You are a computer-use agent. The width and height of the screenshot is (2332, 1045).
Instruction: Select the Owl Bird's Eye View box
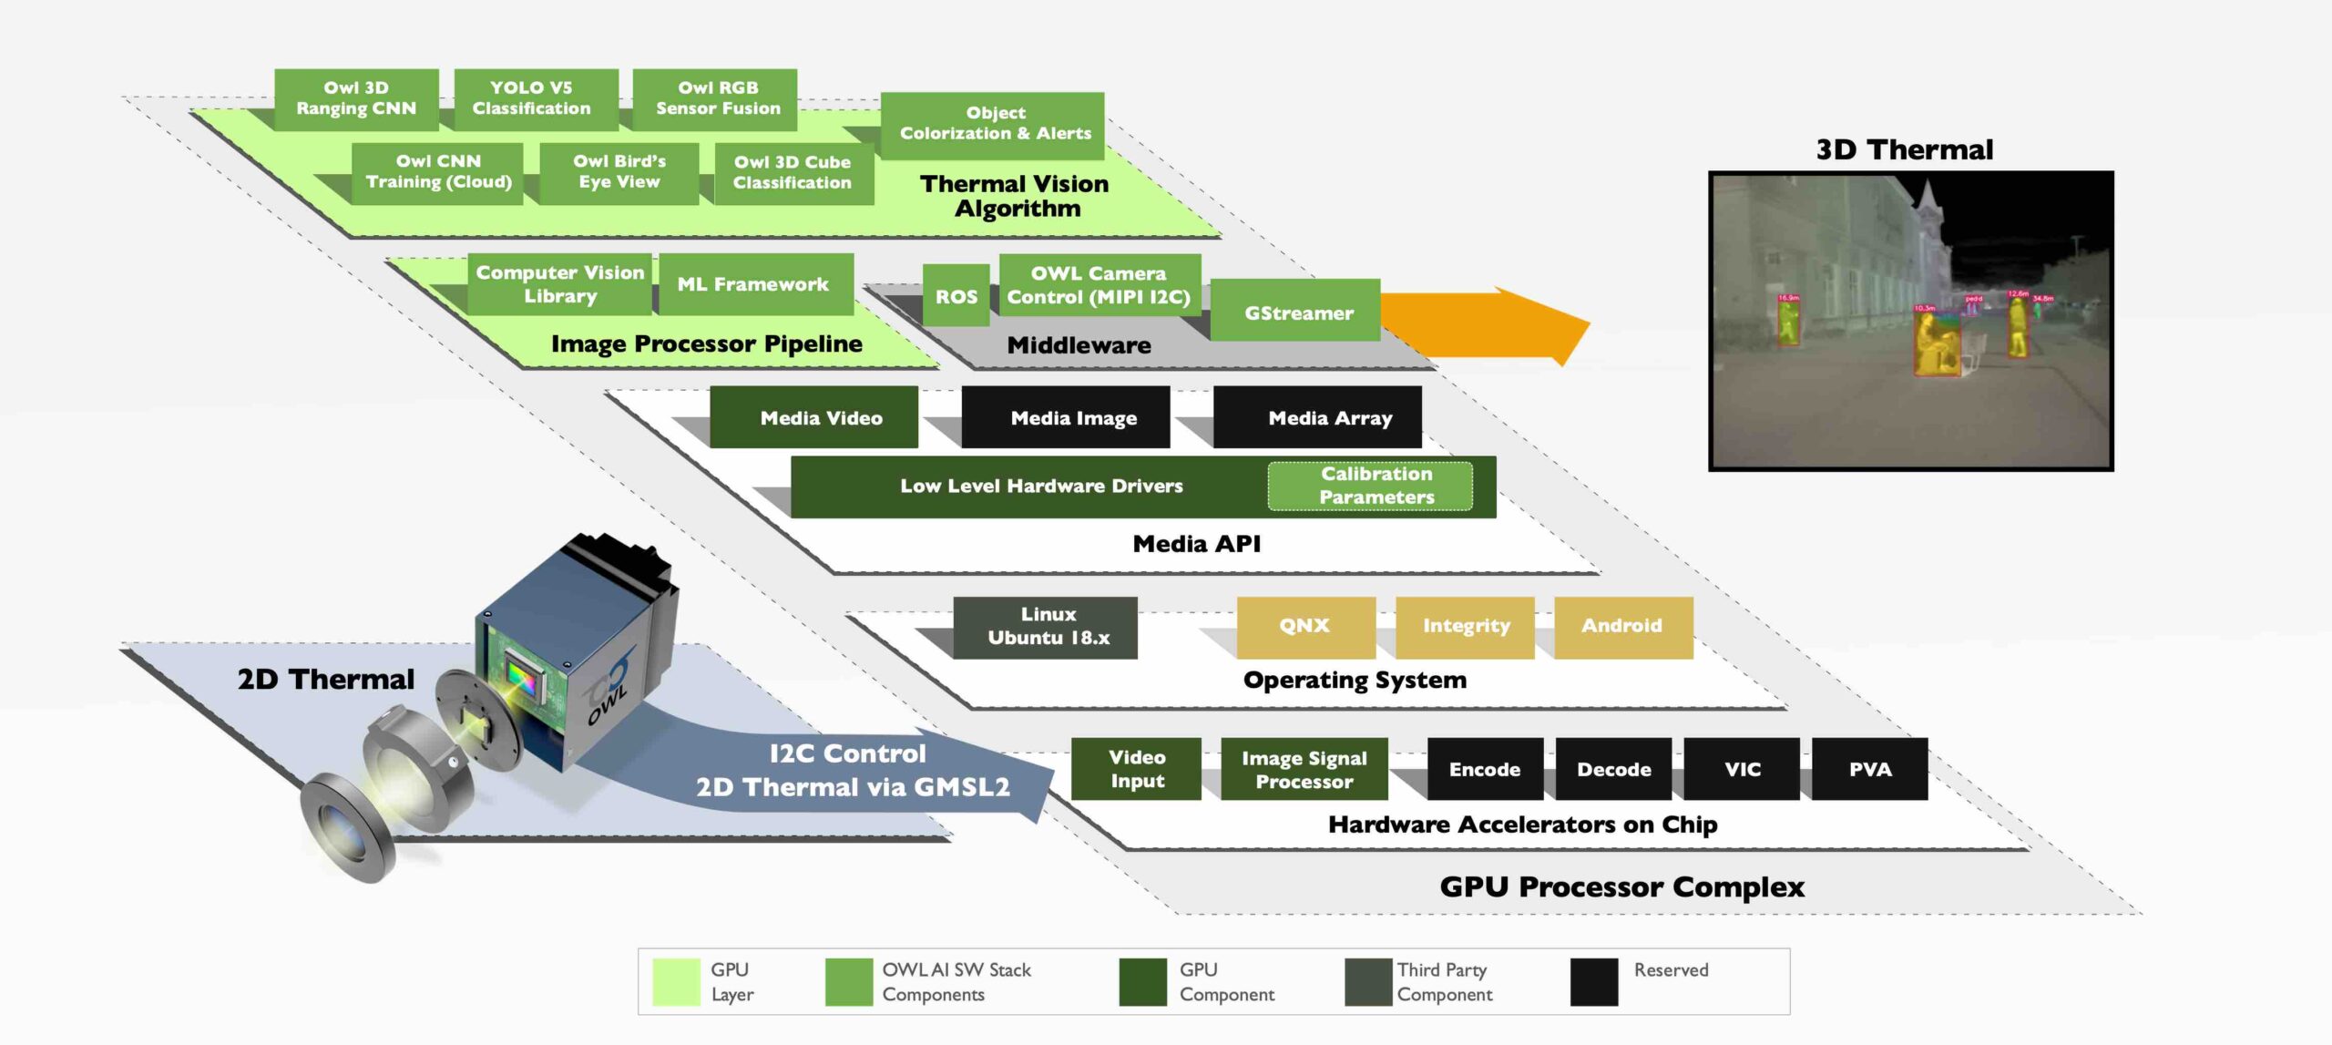[619, 172]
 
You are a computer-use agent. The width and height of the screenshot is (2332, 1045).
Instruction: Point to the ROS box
[956, 296]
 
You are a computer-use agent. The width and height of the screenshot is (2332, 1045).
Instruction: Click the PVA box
[1870, 769]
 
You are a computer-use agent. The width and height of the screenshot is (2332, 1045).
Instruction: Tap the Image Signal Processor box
[1304, 769]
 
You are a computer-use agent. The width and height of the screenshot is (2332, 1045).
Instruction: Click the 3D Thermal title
[1905, 149]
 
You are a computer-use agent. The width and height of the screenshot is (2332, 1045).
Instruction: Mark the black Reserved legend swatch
[1594, 981]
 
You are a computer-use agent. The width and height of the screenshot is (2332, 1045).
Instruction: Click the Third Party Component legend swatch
[1368, 981]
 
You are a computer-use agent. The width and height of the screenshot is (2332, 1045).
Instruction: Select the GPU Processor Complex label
[1622, 886]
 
